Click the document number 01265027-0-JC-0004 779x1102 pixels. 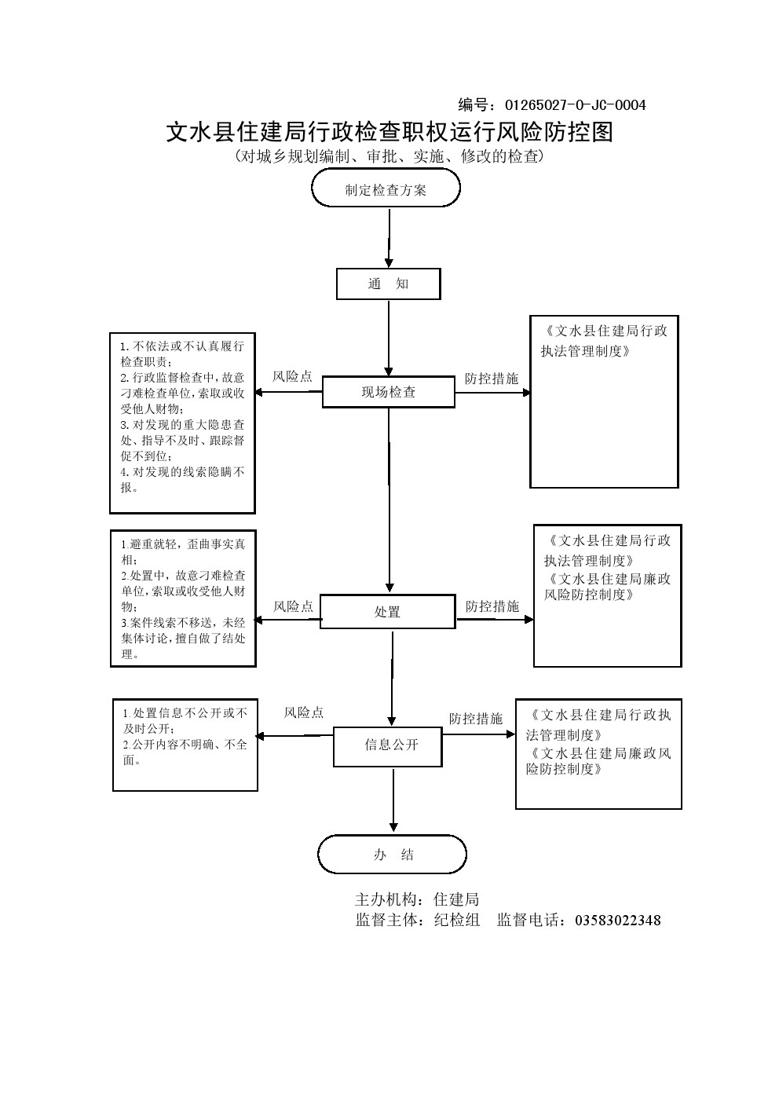[x=575, y=105]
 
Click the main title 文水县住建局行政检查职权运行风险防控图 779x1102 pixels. [x=389, y=131]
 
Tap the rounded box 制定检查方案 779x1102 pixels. [x=386, y=189]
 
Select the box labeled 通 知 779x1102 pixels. [x=388, y=284]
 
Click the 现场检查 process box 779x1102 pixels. [x=388, y=392]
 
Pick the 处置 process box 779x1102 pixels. [x=387, y=612]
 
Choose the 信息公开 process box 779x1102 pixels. [x=387, y=745]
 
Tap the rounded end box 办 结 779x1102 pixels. [x=392, y=855]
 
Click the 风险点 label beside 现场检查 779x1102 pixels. [x=292, y=377]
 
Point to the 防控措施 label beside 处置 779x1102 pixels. [x=492, y=606]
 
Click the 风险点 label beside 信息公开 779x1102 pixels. [x=304, y=712]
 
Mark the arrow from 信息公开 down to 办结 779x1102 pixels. [x=393, y=800]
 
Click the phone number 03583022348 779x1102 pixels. [x=618, y=920]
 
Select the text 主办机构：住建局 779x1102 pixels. [x=417, y=899]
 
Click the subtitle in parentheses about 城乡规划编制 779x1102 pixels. [x=389, y=156]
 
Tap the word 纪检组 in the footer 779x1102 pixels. [x=457, y=920]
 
